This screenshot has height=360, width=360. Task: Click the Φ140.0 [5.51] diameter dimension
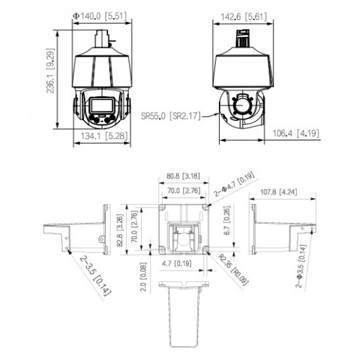click(x=99, y=16)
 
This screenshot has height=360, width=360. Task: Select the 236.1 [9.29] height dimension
click(x=51, y=71)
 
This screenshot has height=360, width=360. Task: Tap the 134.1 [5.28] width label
click(x=104, y=136)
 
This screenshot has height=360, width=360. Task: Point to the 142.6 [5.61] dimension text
click(x=244, y=17)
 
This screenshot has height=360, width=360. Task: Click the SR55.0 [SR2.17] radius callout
click(x=171, y=116)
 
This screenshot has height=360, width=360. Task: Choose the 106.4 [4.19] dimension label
click(x=296, y=133)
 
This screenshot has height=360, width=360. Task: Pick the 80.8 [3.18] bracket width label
click(x=183, y=176)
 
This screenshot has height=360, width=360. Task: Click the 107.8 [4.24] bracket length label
click(x=279, y=191)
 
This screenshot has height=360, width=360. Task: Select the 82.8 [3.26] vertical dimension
click(x=120, y=230)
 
